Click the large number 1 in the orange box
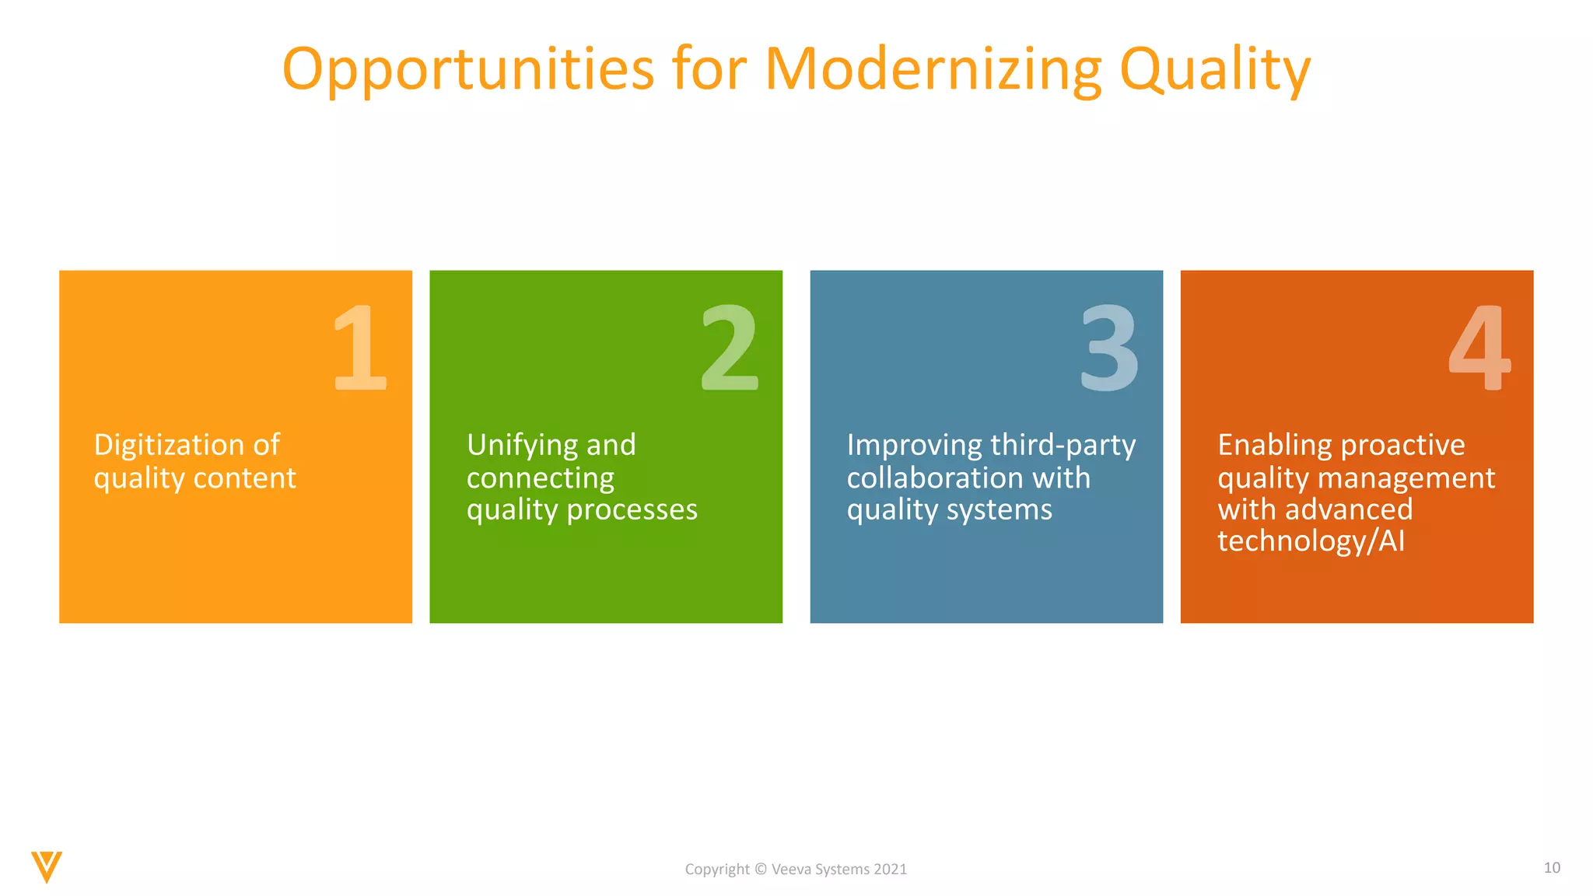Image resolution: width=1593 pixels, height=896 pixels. click(359, 348)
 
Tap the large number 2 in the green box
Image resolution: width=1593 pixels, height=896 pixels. click(729, 348)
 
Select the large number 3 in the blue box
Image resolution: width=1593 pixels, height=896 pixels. click(1109, 348)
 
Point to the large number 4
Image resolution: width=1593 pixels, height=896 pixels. click(1479, 348)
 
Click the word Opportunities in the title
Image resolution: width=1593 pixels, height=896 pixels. click(467, 70)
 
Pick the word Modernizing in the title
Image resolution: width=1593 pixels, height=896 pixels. click(933, 70)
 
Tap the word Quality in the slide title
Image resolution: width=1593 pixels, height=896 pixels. click(1215, 70)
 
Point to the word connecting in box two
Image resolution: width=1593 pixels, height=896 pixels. click(541, 478)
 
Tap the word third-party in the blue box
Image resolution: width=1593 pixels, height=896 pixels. click(1063, 445)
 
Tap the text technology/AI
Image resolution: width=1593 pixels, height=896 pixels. click(1311, 541)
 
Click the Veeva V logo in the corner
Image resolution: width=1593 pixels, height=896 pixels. click(47, 866)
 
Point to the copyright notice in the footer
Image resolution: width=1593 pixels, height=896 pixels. click(796, 870)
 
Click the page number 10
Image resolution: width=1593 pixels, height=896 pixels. click(1552, 867)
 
